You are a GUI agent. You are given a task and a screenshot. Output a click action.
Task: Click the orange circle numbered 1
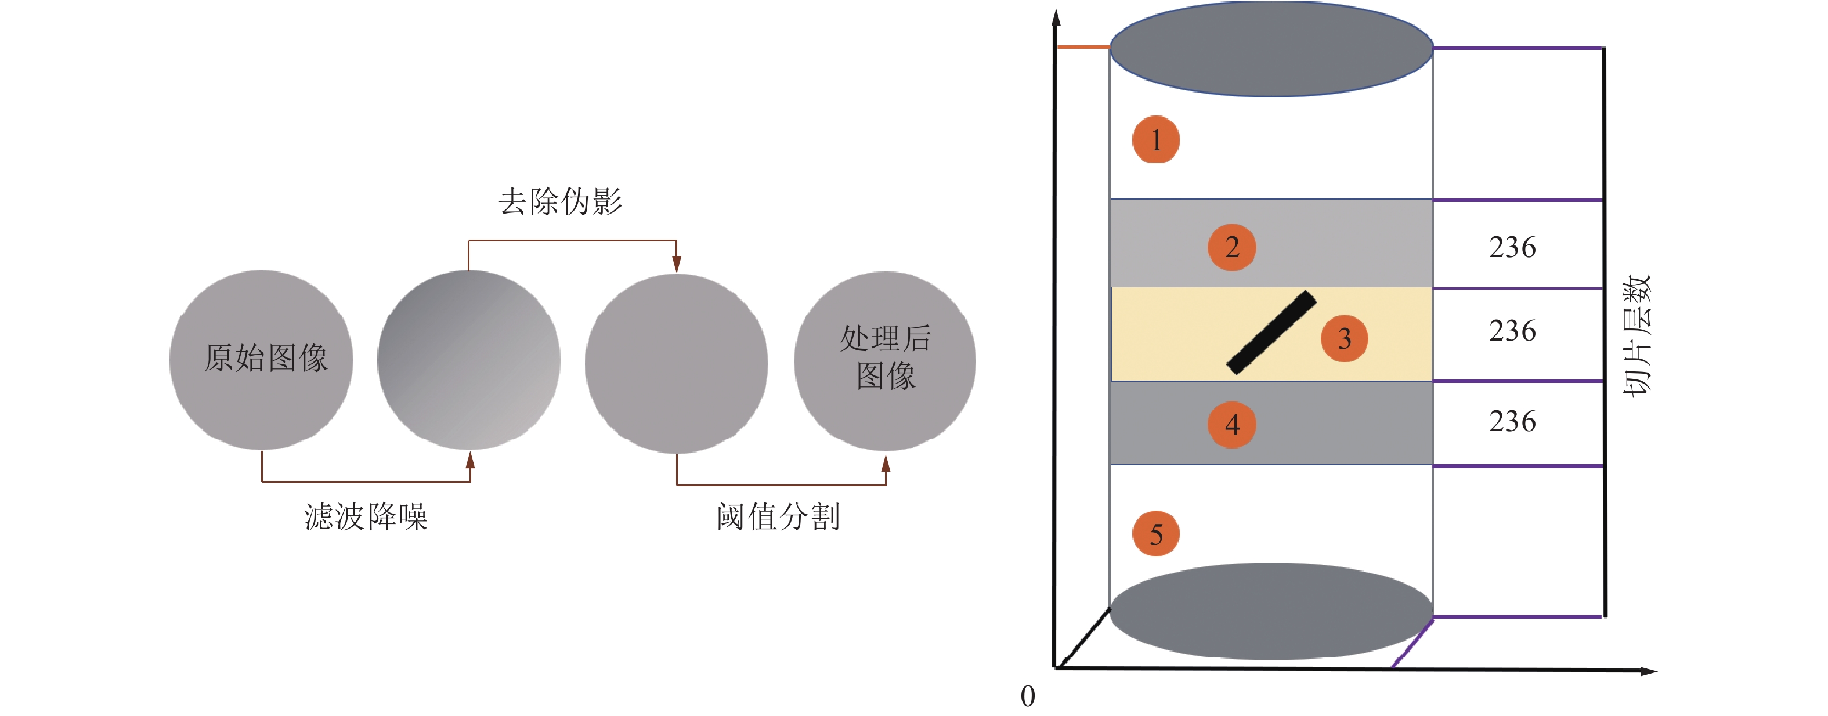[x=1155, y=140]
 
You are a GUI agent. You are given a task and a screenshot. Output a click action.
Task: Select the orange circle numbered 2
[x=1232, y=247]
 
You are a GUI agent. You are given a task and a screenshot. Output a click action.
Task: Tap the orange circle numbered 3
[x=1344, y=338]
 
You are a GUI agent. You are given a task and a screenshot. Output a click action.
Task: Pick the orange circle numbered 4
[x=1232, y=424]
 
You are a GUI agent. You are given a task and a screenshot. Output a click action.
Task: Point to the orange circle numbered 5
[x=1155, y=534]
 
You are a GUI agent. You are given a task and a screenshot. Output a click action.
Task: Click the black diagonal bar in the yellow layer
[x=1271, y=332]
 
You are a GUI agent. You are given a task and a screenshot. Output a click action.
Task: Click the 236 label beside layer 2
[x=1512, y=247]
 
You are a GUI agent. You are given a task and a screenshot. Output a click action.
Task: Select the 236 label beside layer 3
[x=1512, y=331]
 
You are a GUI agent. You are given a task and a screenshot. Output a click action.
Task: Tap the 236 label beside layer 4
[x=1512, y=421]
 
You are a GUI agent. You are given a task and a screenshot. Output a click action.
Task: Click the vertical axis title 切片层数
[x=1637, y=335]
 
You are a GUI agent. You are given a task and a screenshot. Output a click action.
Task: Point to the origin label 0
[x=1028, y=696]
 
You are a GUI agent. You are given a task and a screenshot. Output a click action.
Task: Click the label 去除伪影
[x=560, y=201]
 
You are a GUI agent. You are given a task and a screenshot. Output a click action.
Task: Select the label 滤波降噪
[x=366, y=516]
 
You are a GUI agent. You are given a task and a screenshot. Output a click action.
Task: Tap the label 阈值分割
[x=778, y=516]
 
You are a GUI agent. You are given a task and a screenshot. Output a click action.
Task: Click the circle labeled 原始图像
[x=262, y=360]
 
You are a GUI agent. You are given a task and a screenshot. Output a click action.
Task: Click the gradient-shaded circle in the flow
[x=468, y=360]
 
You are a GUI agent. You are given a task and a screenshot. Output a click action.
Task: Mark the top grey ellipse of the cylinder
[x=1271, y=48]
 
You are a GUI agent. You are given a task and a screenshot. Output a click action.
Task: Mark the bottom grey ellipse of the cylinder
[x=1271, y=611]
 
